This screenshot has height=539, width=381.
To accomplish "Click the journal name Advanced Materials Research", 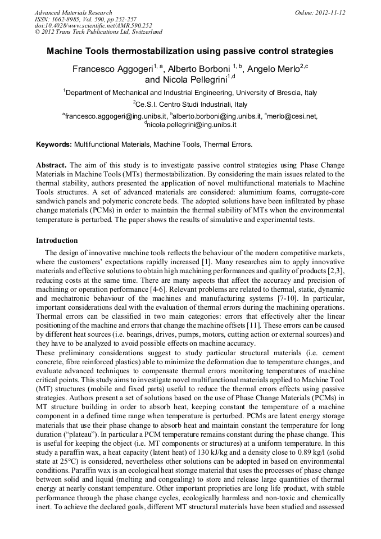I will [73, 12].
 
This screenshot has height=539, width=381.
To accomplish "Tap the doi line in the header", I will [93, 25].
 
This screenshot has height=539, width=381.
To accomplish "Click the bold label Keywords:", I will [54, 144].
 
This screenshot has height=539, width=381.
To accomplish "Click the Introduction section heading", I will [57, 241].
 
